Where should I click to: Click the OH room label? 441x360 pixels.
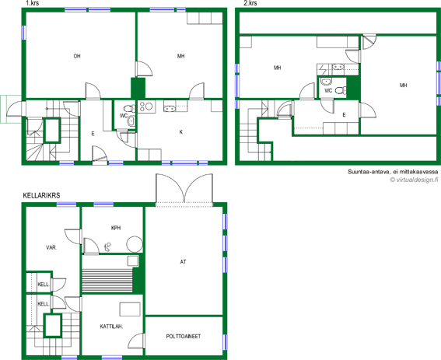(x=77, y=56)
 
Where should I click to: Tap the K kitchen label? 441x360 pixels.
(x=181, y=132)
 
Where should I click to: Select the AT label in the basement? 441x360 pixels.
(x=183, y=262)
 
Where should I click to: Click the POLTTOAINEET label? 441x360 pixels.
(x=184, y=337)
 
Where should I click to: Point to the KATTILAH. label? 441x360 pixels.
(x=112, y=327)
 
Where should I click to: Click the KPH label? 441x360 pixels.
(x=116, y=228)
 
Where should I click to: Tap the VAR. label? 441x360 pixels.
(x=51, y=248)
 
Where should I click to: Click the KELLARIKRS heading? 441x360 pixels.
(x=41, y=195)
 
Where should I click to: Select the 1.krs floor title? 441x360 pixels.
(x=33, y=3)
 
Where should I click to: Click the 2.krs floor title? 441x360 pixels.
(x=250, y=3)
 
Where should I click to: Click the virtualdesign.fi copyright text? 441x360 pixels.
(x=414, y=180)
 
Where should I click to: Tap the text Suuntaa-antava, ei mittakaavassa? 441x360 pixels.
(x=393, y=172)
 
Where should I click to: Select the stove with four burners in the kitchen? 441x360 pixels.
(x=146, y=107)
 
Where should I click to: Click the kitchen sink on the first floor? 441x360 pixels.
(x=170, y=108)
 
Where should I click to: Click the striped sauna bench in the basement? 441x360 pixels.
(x=107, y=281)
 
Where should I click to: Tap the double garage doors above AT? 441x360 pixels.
(x=184, y=188)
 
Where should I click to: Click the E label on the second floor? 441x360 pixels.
(x=344, y=115)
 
